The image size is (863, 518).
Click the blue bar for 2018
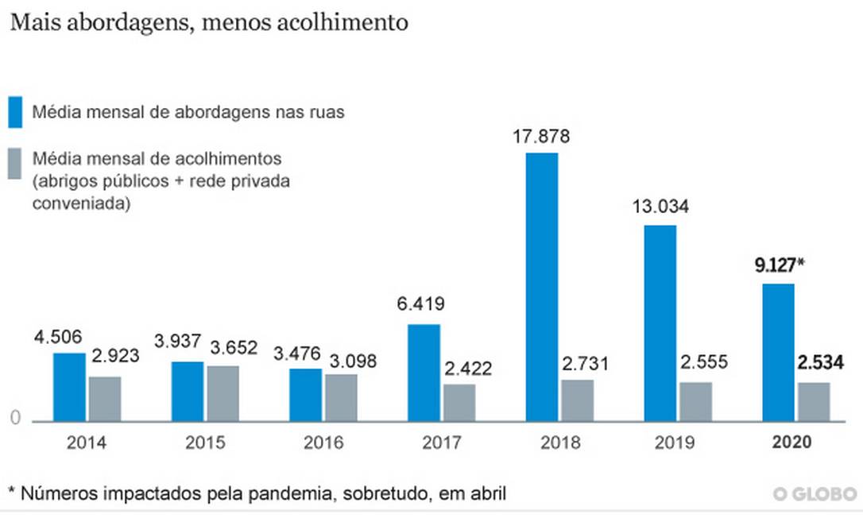tap(542, 286)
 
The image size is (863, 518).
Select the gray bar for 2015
tap(223, 393)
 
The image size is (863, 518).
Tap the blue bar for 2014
tap(69, 387)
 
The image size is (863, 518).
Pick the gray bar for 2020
tap(814, 401)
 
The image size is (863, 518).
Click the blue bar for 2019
tap(660, 323)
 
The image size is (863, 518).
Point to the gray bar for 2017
tap(459, 402)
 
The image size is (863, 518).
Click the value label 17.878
tap(541, 136)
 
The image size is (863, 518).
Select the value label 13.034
tap(660, 208)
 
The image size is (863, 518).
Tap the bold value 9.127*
tap(779, 266)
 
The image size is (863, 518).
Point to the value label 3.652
tap(236, 348)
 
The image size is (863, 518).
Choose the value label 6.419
tap(423, 303)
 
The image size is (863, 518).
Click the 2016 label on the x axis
tap(323, 443)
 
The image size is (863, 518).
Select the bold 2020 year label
tap(791, 443)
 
